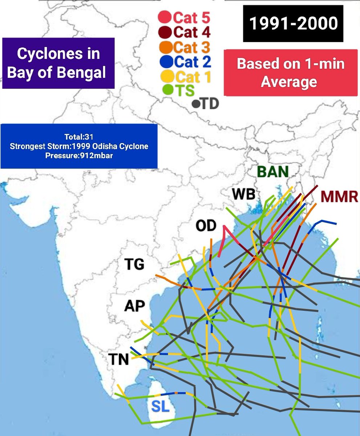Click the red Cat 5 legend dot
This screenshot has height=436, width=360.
[165, 17]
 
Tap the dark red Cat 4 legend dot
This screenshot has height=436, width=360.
[165, 32]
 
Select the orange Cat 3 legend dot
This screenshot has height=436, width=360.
[165, 47]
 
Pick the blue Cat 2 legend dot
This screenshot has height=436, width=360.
[165, 62]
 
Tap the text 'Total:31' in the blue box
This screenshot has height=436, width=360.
[79, 137]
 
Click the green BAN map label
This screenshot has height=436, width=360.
[273, 171]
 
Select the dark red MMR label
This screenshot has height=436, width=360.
[339, 197]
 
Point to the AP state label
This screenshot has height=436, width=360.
[134, 306]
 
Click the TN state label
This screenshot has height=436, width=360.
[119, 360]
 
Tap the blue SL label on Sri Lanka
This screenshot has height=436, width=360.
[160, 407]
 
